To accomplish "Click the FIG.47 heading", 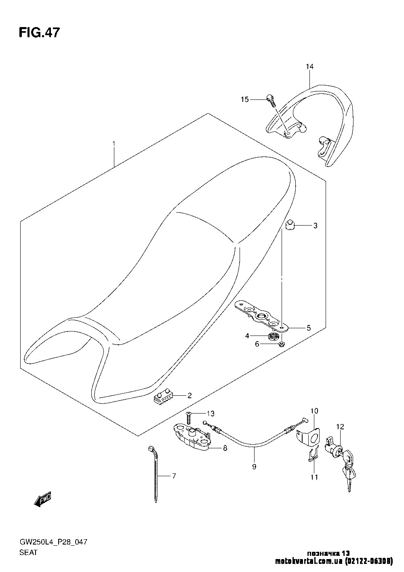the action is [39, 33].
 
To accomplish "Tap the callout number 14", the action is [309, 67].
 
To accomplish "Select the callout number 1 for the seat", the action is [114, 144].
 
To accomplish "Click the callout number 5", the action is [309, 328].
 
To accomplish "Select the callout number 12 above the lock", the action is [340, 427].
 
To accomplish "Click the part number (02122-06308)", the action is [369, 561].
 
